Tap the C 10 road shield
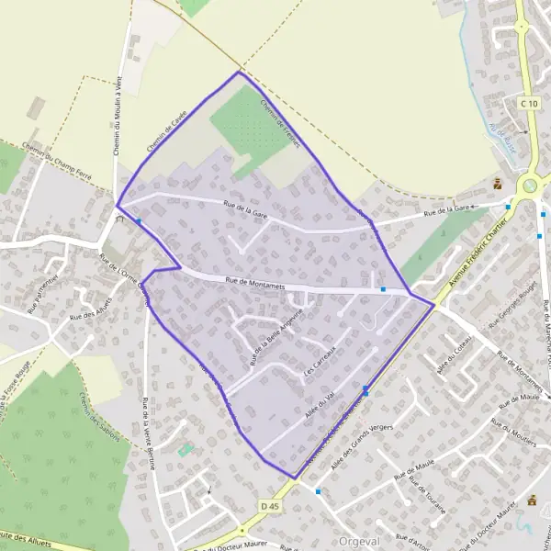click(x=527, y=104)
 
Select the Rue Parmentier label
click(x=43, y=293)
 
